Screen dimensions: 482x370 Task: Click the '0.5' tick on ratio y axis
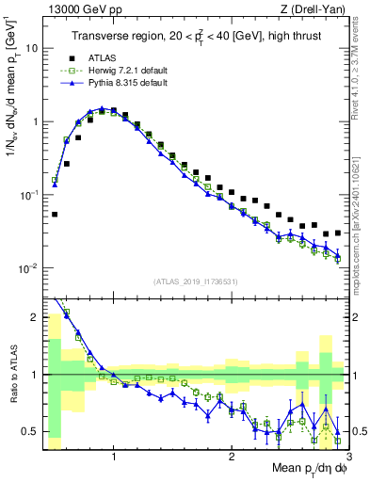pyautogui.click(x=31, y=431)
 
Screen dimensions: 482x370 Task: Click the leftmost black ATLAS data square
pyautogui.click(x=55, y=215)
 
